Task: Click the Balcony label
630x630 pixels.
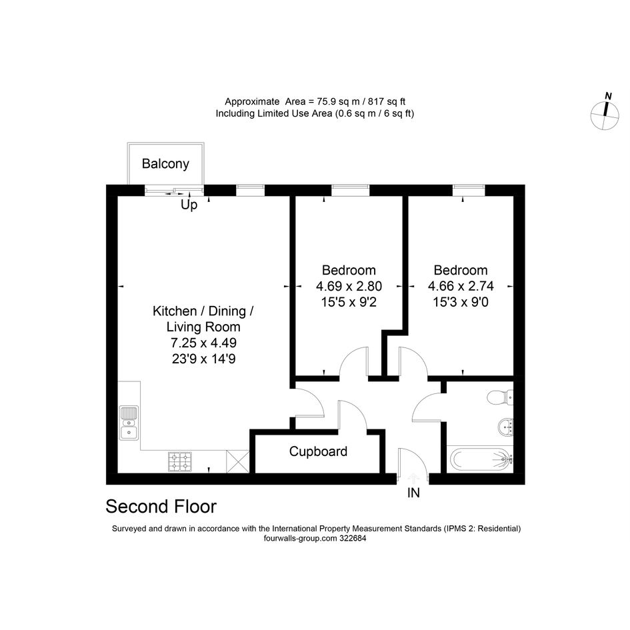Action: [165, 164]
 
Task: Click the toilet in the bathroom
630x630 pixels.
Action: [500, 397]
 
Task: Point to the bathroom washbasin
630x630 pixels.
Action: [505, 427]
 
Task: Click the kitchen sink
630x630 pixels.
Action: [129, 423]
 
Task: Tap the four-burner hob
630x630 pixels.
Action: [179, 461]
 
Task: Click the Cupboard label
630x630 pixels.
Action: [318, 451]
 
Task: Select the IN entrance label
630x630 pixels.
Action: [413, 493]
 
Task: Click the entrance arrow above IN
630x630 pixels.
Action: [413, 479]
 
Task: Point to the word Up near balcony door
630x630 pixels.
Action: [189, 205]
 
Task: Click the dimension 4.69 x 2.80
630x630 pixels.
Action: [349, 286]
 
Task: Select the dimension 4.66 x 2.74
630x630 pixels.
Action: [461, 286]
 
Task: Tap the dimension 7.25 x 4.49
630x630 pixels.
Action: [204, 343]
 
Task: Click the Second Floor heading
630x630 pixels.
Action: [161, 507]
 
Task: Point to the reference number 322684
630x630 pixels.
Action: [353, 539]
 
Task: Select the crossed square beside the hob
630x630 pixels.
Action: [238, 461]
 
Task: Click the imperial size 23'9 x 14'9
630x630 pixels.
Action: [204, 359]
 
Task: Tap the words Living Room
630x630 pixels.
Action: [203, 327]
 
